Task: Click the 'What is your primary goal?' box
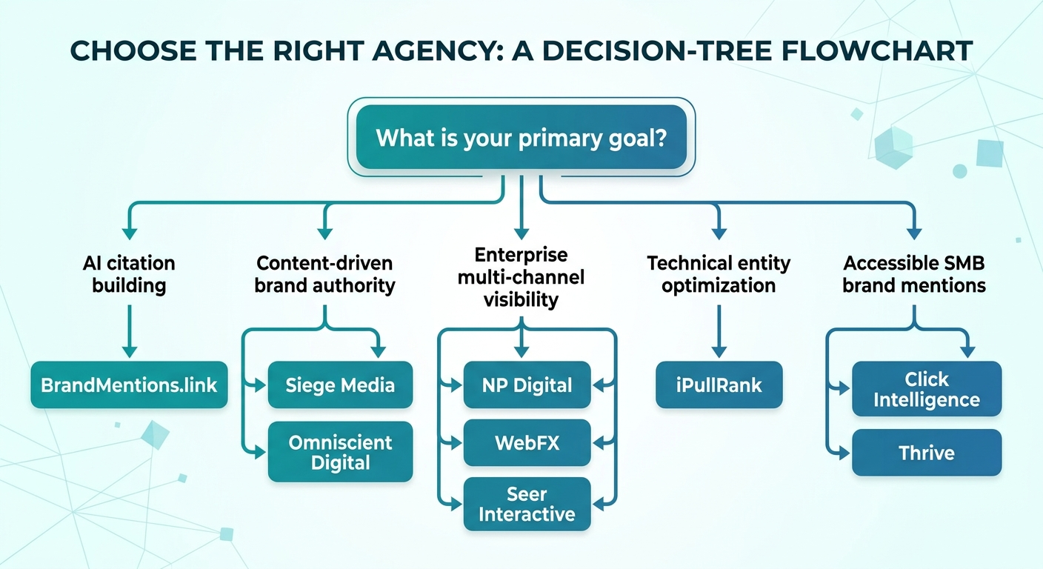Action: pos(521,139)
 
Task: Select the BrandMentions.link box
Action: pos(129,385)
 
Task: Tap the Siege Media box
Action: pos(340,385)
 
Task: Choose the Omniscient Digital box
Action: pos(340,452)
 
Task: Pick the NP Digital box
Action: pos(527,385)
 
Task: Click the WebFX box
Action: pos(527,443)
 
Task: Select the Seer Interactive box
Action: pos(527,504)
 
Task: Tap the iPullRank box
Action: pos(719,385)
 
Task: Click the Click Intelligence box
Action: pos(926,390)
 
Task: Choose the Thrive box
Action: pos(926,453)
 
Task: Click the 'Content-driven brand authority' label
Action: pos(324,274)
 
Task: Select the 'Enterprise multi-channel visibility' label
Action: pos(521,277)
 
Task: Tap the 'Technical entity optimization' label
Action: pos(719,274)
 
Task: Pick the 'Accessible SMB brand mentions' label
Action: pos(914,274)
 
